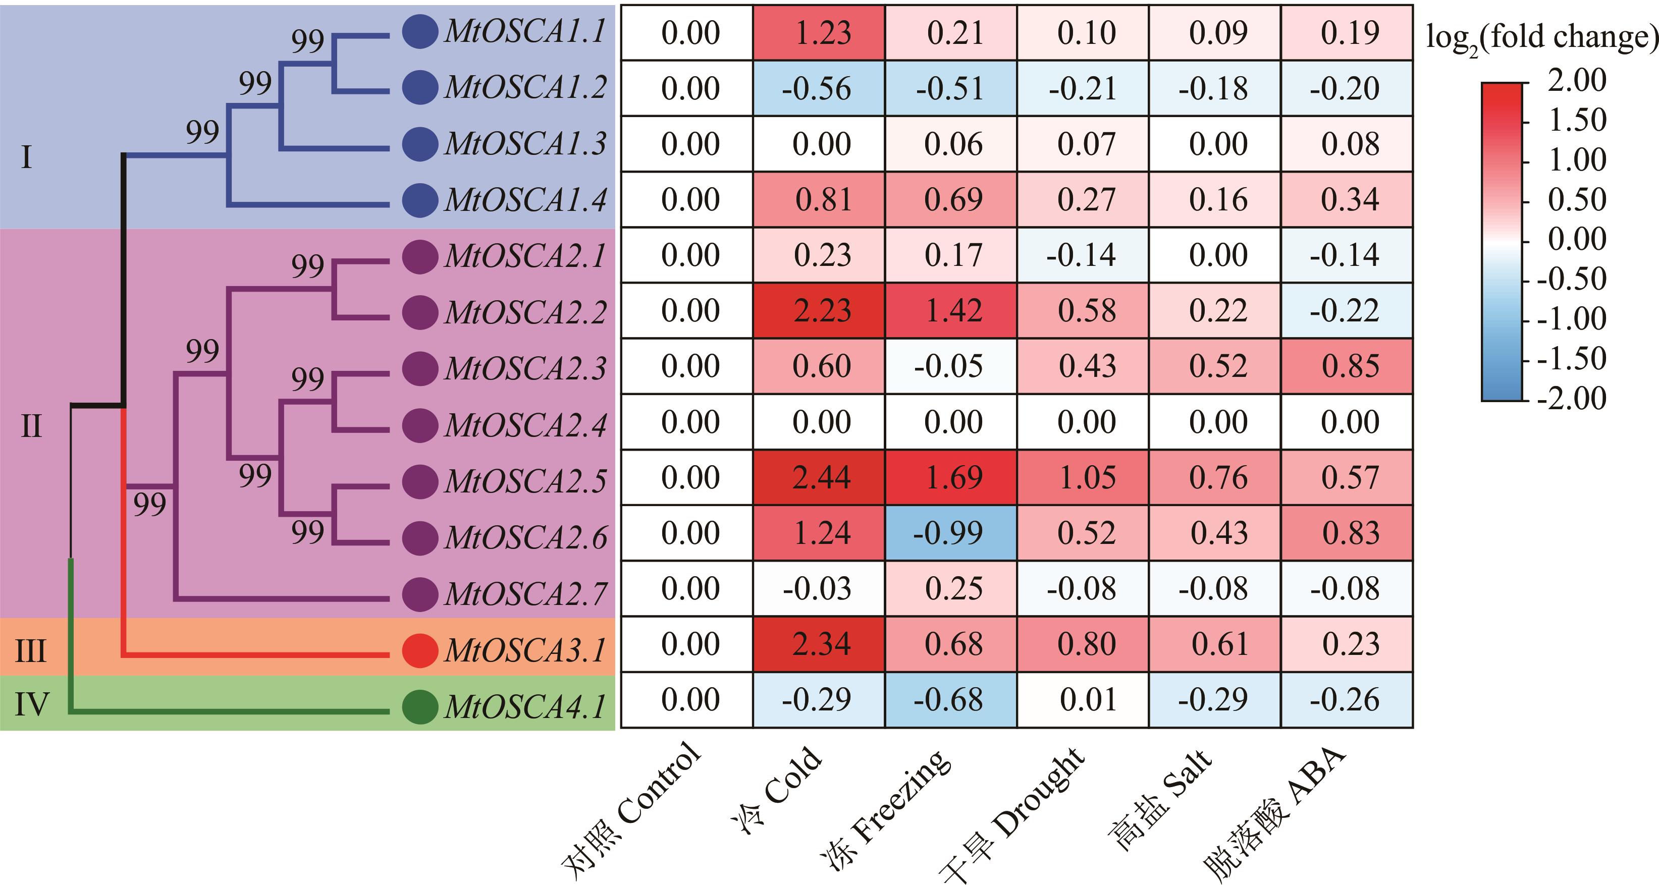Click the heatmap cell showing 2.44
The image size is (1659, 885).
click(819, 478)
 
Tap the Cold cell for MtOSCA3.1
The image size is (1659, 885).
click(819, 644)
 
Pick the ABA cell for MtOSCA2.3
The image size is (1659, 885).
click(1347, 366)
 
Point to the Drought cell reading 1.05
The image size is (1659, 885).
click(1083, 478)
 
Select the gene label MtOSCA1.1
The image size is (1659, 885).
click(525, 32)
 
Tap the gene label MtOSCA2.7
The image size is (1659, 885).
click(525, 593)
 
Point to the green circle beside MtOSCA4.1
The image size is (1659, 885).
click(420, 706)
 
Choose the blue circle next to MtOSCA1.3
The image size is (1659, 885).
click(420, 143)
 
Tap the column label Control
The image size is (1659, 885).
click(631, 811)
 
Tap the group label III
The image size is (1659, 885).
click(30, 651)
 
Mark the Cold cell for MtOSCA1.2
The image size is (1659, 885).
click(819, 88)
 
